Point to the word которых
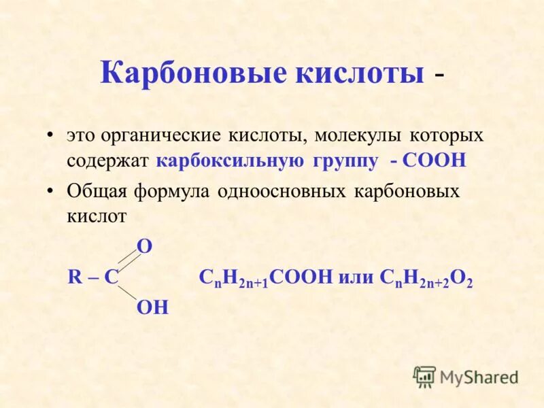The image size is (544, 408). [x=445, y=135]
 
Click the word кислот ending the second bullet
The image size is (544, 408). [x=97, y=217]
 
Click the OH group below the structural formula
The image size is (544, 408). [x=152, y=308]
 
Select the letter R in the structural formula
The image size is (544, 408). [x=74, y=277]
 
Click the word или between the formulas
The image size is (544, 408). [x=356, y=277]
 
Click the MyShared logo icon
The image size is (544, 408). [x=424, y=376]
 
